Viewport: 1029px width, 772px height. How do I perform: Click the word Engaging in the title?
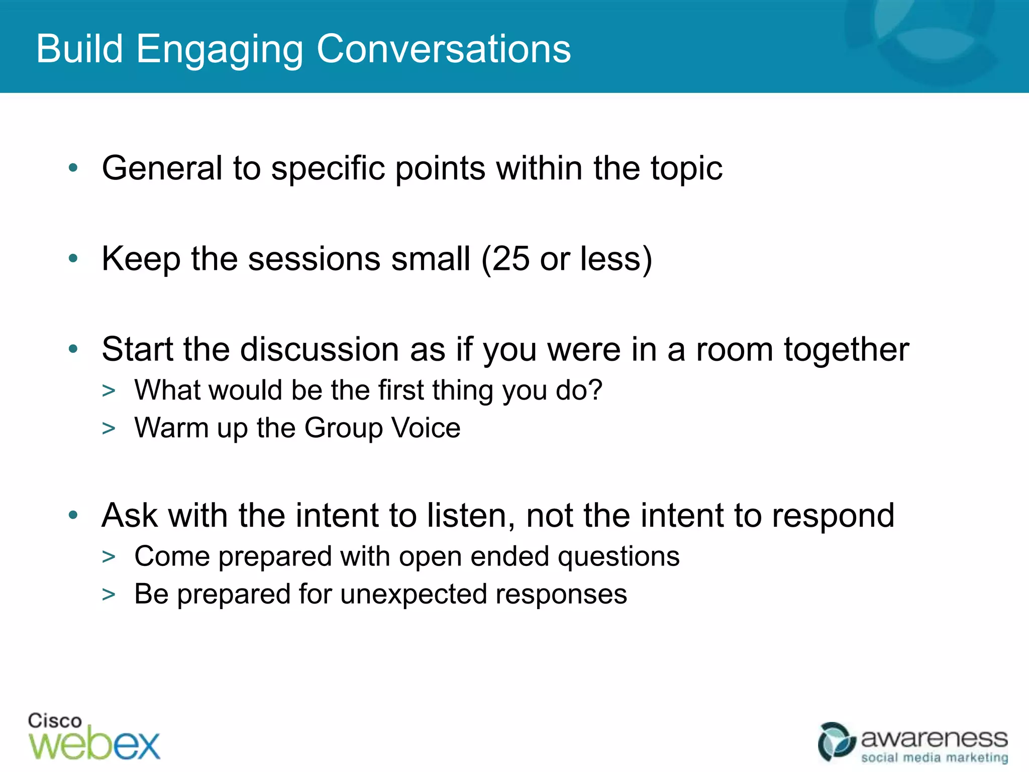(x=219, y=50)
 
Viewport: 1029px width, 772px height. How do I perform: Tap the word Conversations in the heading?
(x=444, y=49)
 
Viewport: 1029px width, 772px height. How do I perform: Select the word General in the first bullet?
(x=162, y=168)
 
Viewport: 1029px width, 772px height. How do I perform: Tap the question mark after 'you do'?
(x=595, y=390)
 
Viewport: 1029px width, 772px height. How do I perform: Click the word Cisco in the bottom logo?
(x=55, y=721)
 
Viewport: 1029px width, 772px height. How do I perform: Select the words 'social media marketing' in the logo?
(x=935, y=757)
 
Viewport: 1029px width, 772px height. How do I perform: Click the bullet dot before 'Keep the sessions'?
(x=73, y=258)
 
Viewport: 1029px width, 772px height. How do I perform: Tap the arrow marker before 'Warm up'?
(x=109, y=429)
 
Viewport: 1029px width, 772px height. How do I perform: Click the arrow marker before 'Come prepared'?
(x=109, y=557)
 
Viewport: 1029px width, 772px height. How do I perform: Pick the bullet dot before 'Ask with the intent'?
(x=73, y=515)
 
